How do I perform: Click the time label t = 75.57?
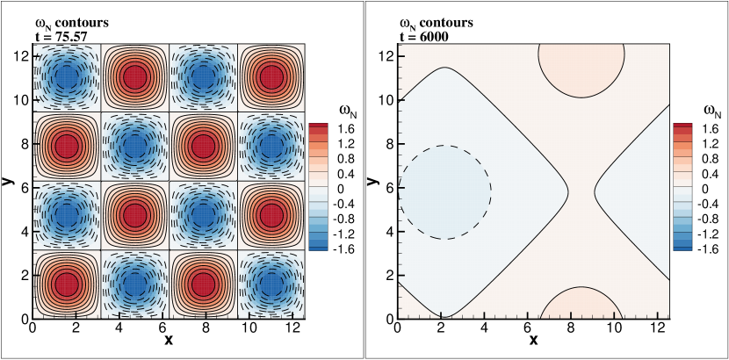point(61,36)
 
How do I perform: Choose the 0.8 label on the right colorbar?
point(709,157)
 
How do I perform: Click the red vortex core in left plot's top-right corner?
point(271,77)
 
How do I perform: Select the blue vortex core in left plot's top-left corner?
point(66,77)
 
